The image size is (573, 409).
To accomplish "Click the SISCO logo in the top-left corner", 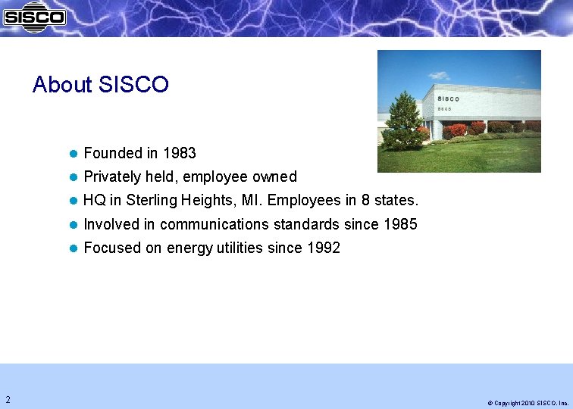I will (x=34, y=17).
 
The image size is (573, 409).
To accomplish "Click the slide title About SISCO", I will (x=100, y=85).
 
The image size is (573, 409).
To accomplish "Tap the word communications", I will (x=214, y=224).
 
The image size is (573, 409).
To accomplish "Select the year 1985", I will (x=400, y=224).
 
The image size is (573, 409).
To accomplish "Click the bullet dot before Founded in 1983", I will (x=74, y=154).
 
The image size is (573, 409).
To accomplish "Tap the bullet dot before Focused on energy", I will (x=74, y=248).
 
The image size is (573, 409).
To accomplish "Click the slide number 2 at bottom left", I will (x=8, y=399).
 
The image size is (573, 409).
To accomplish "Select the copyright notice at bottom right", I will (x=528, y=403).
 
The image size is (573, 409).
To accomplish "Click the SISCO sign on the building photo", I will (x=448, y=98).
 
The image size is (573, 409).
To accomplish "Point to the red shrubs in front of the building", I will (x=457, y=130).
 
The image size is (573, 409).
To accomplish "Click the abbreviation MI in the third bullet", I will (x=249, y=201).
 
